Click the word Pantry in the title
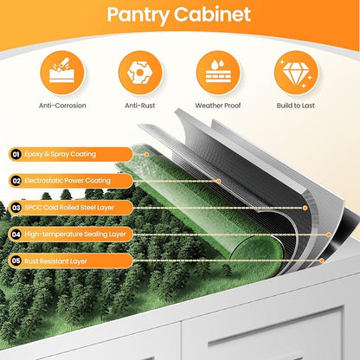point(138,15)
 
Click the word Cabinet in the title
point(212,14)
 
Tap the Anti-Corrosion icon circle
point(62,73)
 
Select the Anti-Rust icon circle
point(140,73)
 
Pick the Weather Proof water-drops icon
point(218,73)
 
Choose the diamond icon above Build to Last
point(296,73)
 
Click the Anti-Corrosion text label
point(62,106)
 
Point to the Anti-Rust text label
point(140,106)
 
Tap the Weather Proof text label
point(218,106)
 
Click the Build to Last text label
point(296,106)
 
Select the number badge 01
point(16,154)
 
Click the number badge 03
point(16,208)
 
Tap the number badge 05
point(16,261)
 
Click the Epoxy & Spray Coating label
point(60,154)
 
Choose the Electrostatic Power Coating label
point(67,181)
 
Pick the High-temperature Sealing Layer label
point(75,235)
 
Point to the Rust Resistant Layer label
point(55,261)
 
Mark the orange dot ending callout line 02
point(218,181)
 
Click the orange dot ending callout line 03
point(305,208)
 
